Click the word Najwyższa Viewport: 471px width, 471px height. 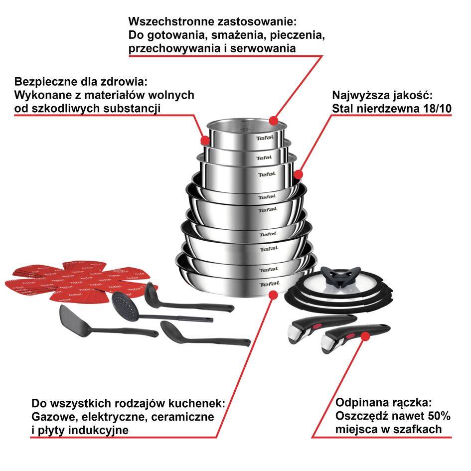point(356,95)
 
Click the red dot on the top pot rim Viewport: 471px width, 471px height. point(273,120)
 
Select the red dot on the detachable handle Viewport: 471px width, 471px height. point(365,336)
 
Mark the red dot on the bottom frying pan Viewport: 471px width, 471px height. point(273,295)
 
